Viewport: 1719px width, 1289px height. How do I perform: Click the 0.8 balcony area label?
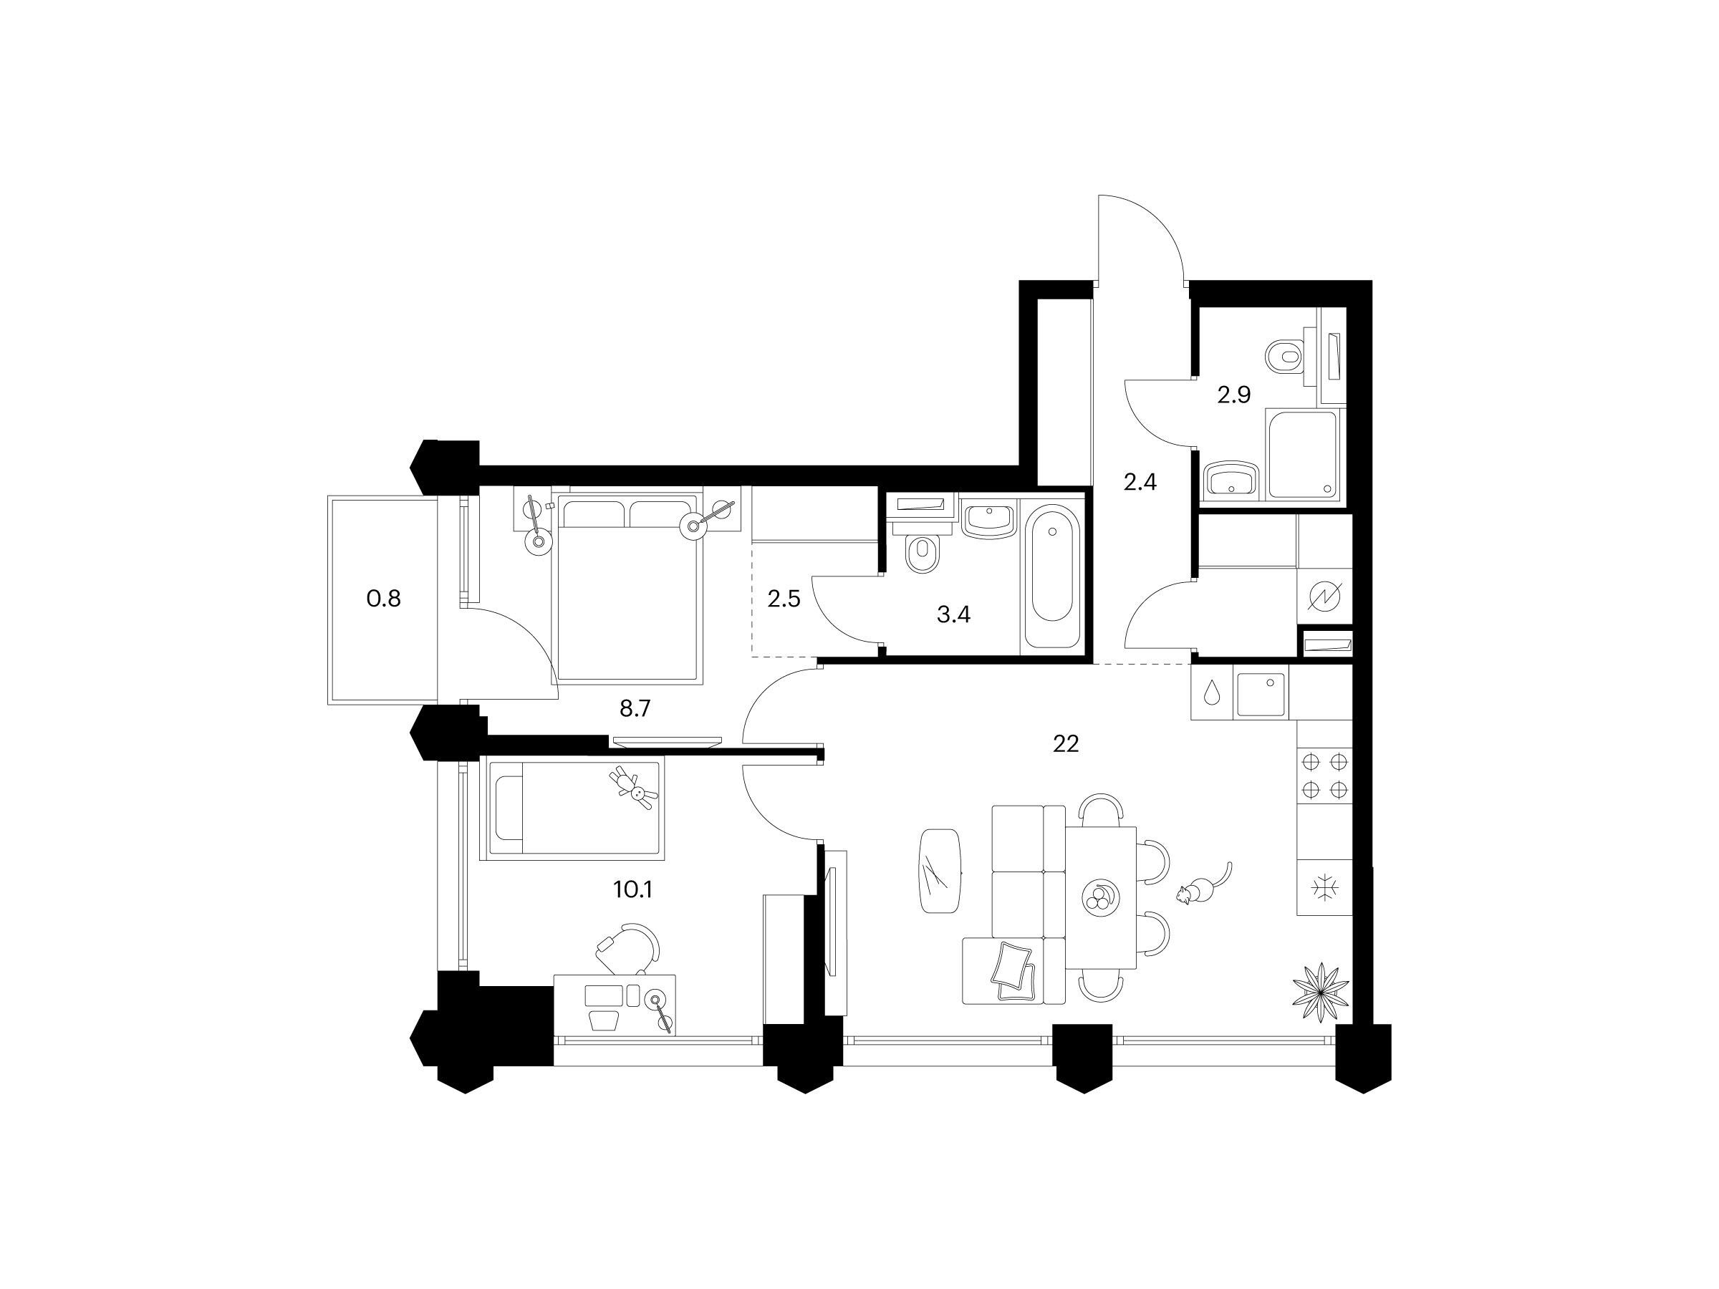[384, 599]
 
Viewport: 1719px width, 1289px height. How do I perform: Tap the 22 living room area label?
[1066, 744]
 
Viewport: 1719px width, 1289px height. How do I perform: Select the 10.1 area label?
[632, 889]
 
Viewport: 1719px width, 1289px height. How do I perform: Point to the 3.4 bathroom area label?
[953, 615]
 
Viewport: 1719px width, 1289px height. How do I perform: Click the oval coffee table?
[940, 870]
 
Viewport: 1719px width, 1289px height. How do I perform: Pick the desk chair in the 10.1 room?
[629, 949]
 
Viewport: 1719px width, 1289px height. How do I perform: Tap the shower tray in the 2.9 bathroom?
[1301, 454]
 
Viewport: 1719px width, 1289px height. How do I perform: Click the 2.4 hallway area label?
[1140, 483]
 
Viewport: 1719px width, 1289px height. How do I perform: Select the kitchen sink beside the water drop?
[1261, 693]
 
